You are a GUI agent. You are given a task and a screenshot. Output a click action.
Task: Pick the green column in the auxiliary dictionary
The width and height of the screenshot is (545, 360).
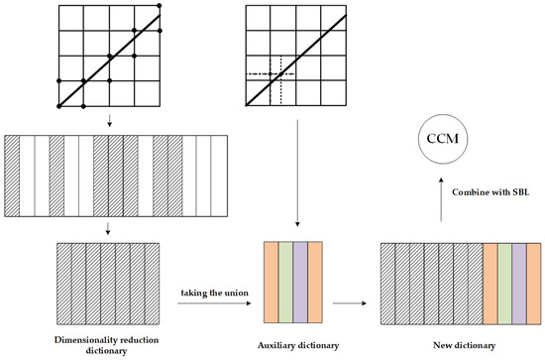[285, 282]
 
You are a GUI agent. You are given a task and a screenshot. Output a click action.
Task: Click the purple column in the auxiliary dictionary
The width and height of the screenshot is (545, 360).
[300, 282]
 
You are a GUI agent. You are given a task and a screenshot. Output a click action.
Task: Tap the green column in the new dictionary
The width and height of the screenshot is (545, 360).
[503, 282]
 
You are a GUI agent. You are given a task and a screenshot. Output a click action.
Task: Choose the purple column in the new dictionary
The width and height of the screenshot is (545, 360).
[517, 282]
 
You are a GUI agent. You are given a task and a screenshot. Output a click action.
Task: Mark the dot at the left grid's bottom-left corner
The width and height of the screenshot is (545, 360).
[59, 105]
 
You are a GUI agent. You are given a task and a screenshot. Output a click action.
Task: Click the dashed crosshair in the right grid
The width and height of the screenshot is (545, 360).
[281, 74]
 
